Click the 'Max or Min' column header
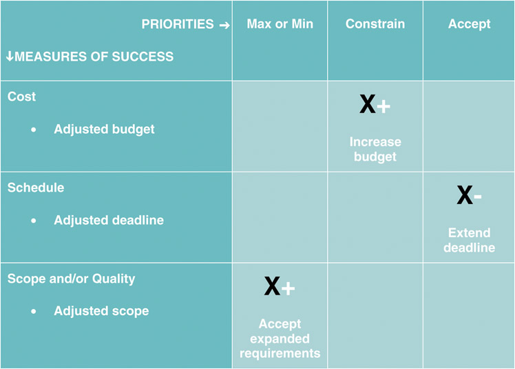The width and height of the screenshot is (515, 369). pos(280,24)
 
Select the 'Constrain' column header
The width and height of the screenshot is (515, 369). pos(375,24)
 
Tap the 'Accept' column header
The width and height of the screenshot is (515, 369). pos(469,24)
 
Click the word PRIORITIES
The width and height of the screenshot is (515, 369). pos(178,24)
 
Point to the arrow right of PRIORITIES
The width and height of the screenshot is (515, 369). pos(224,25)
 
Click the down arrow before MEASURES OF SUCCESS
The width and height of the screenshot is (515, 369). pos(10,56)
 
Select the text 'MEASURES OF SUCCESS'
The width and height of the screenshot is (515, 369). pos(94,57)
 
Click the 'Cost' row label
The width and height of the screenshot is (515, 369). pos(21,97)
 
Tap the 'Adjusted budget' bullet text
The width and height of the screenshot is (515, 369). pos(104,130)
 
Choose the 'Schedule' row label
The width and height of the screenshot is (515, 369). pos(36,188)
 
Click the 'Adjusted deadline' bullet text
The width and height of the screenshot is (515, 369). pos(109,220)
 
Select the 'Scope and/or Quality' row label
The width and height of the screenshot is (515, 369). pos(72,279)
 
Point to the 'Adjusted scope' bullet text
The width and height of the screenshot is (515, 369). pos(101,311)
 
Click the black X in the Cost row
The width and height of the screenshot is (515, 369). pos(368,104)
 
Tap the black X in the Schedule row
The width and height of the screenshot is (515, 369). pos(465,195)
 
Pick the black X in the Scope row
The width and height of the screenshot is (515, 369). pos(272,286)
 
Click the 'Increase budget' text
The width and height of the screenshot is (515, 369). pos(375,149)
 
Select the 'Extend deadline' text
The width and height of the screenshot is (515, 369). pos(469,240)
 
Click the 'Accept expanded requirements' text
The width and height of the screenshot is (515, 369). pos(280,339)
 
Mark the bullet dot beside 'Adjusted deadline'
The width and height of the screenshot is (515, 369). pos(34,221)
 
